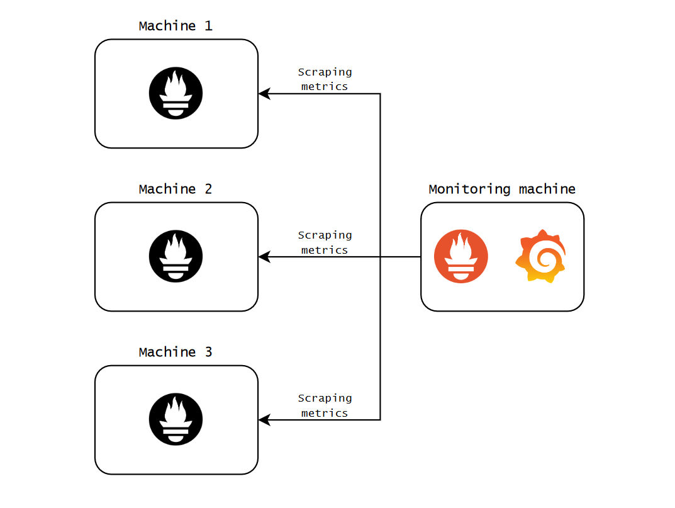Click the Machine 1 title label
point(176,26)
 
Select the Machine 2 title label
point(176,189)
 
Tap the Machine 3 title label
point(176,353)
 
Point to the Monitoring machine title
point(502,189)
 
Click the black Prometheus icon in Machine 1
point(176,94)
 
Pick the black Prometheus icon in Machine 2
point(176,257)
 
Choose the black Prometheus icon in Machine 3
point(176,420)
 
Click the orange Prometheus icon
point(461,257)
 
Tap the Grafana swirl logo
point(541,257)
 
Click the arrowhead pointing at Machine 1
point(264,94)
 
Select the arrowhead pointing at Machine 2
point(264,257)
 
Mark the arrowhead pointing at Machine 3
point(264,420)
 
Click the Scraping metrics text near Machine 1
point(325,79)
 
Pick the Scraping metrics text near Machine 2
point(325,242)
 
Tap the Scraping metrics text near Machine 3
point(325,405)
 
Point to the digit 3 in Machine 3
point(209,353)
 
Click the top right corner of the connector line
point(380,94)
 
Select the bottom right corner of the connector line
point(380,420)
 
